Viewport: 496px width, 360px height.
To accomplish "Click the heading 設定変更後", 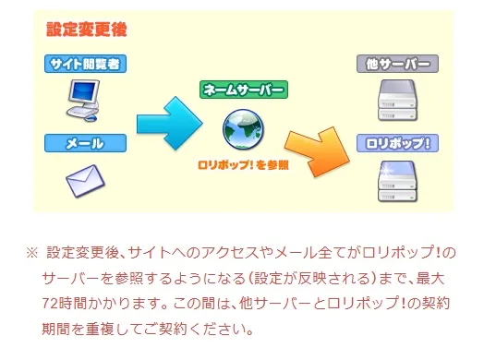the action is pos(88,29).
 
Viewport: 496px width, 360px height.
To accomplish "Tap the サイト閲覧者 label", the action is pos(85,64).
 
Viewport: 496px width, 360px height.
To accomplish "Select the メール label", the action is pos(85,143).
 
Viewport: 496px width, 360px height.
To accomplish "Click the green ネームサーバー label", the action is pos(244,90).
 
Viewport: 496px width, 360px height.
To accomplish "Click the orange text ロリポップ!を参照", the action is pos(244,166).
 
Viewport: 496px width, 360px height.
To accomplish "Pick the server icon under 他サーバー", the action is pos(396,102).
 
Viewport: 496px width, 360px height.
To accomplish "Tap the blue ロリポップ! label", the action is pos(396,143).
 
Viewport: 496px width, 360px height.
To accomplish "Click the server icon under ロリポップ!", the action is pos(396,181).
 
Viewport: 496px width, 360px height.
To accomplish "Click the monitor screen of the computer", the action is pos(83,92).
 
